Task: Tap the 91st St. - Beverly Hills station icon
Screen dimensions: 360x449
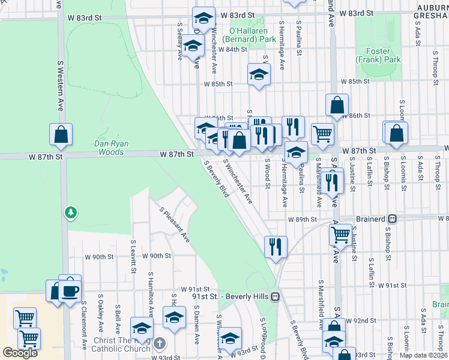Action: (276, 296)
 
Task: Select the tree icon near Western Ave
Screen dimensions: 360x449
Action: (71, 212)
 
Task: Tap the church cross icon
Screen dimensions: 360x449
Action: (159, 344)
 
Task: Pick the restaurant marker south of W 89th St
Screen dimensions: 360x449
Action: (276, 245)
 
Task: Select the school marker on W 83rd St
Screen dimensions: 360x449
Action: (204, 17)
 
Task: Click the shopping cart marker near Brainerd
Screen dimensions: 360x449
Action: (341, 235)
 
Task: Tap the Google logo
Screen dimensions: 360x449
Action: (20, 353)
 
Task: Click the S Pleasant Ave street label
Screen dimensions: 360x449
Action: (175, 225)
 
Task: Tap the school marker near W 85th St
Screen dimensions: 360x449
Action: (259, 74)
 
